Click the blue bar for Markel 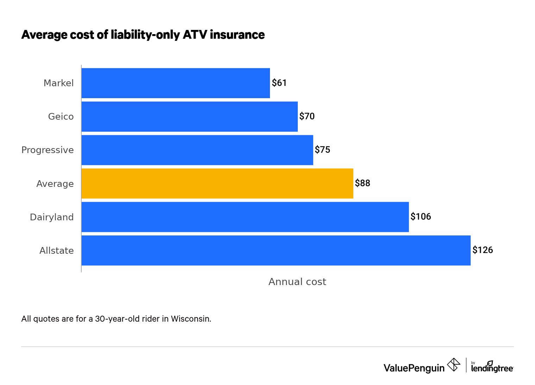pos(176,83)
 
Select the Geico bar pos(189,116)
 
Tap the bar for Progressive pos(197,150)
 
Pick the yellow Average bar pos(217,183)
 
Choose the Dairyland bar pos(245,217)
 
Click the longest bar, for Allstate pos(276,250)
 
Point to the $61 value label pos(279,83)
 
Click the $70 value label pos(307,116)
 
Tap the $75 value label pos(322,150)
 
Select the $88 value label pos(363,183)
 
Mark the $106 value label pos(421,217)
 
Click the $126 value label pos(483,250)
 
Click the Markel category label pos(58,83)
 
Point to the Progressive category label pos(48,150)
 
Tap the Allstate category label pos(56,251)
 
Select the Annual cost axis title pos(297,282)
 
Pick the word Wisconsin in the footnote pos(191,319)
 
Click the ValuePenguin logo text pos(414,368)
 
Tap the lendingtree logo pos(492,367)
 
